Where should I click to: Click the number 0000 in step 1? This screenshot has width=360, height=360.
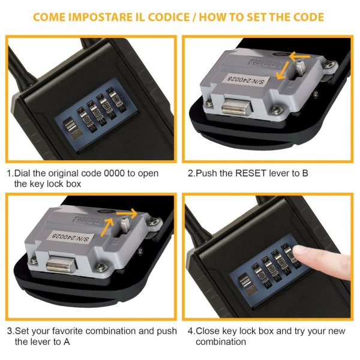[x=115, y=173]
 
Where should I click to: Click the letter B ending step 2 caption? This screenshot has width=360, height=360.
[x=305, y=173]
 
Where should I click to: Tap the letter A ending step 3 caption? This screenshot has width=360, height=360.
[x=67, y=342]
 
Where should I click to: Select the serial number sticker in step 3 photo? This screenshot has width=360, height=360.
[x=70, y=237]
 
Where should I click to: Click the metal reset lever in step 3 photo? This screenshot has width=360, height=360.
[x=125, y=226]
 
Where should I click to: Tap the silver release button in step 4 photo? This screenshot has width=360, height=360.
[x=246, y=284]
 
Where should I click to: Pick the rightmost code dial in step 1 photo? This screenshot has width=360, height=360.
[x=116, y=100]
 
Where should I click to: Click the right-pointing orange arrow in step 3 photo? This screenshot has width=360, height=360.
[x=127, y=214]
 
